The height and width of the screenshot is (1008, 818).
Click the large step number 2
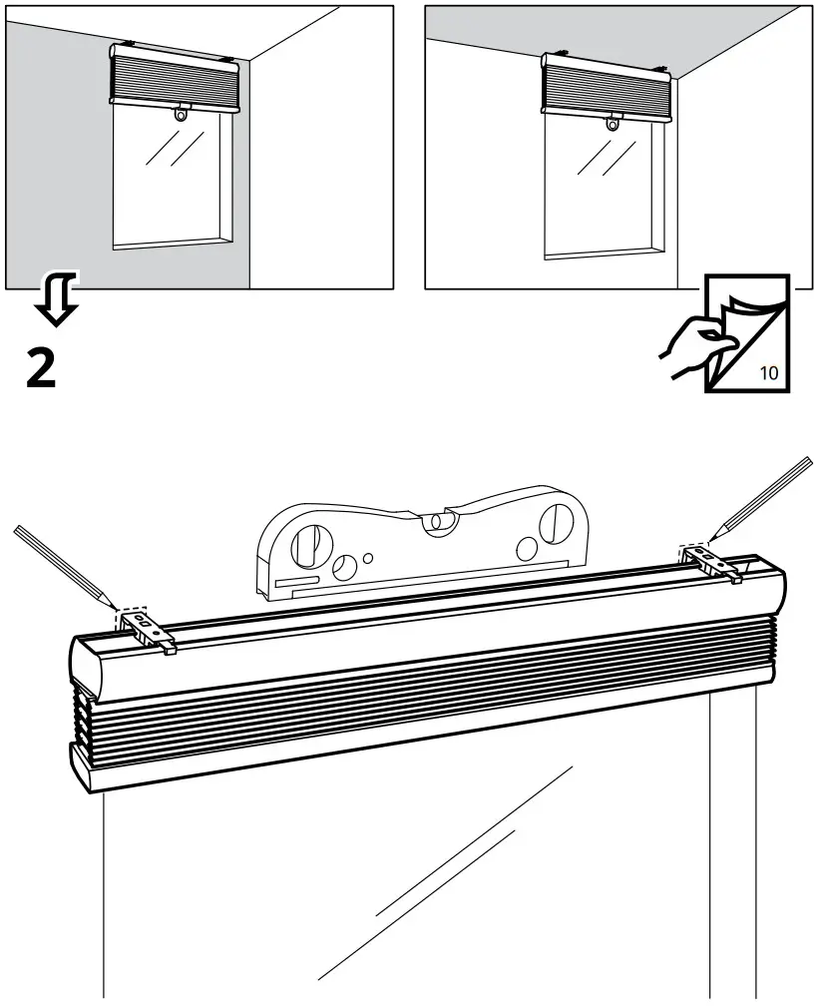(x=40, y=369)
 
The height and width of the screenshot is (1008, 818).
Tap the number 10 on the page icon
(x=769, y=374)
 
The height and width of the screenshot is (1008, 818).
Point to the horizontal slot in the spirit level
(x=297, y=580)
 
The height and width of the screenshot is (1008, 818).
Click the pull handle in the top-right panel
(x=613, y=123)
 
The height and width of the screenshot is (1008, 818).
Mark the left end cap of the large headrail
(x=84, y=664)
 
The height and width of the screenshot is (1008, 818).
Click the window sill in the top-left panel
(x=173, y=242)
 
